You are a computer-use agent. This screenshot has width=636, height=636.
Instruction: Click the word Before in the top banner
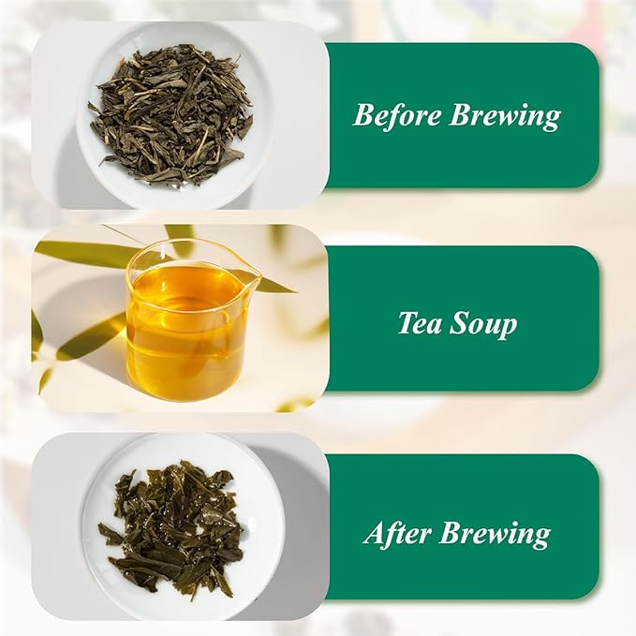tap(397, 116)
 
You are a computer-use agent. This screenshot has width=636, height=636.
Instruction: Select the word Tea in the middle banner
tap(418, 323)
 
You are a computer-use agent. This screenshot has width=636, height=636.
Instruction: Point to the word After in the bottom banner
tap(396, 534)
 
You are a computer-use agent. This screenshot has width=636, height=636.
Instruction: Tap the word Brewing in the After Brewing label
tap(495, 534)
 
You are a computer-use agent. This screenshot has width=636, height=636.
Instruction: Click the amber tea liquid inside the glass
tap(185, 337)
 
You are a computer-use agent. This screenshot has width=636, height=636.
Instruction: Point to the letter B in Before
tap(362, 116)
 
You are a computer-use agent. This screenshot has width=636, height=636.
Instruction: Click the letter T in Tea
tap(406, 323)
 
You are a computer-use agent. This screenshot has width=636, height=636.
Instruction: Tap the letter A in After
tap(372, 534)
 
